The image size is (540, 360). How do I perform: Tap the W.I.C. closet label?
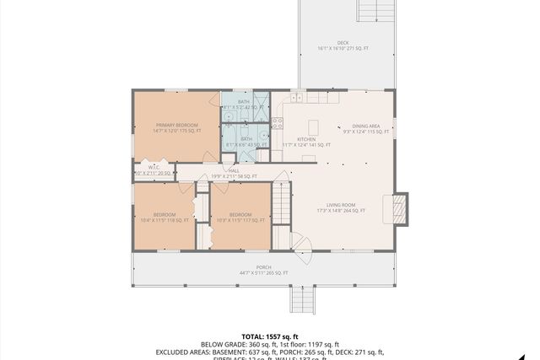click(154, 170)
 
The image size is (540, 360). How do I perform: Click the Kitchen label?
click(305, 142)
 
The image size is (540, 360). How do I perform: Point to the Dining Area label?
click(366, 128)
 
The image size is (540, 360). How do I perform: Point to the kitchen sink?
click(297, 98)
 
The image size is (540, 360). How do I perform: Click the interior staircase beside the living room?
click(281, 206)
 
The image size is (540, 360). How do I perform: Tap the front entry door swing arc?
click(302, 243)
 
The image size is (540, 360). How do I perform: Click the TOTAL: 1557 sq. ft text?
click(269, 336)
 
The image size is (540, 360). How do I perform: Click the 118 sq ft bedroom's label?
click(165, 218)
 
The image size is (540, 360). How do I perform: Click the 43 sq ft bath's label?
click(246, 142)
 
